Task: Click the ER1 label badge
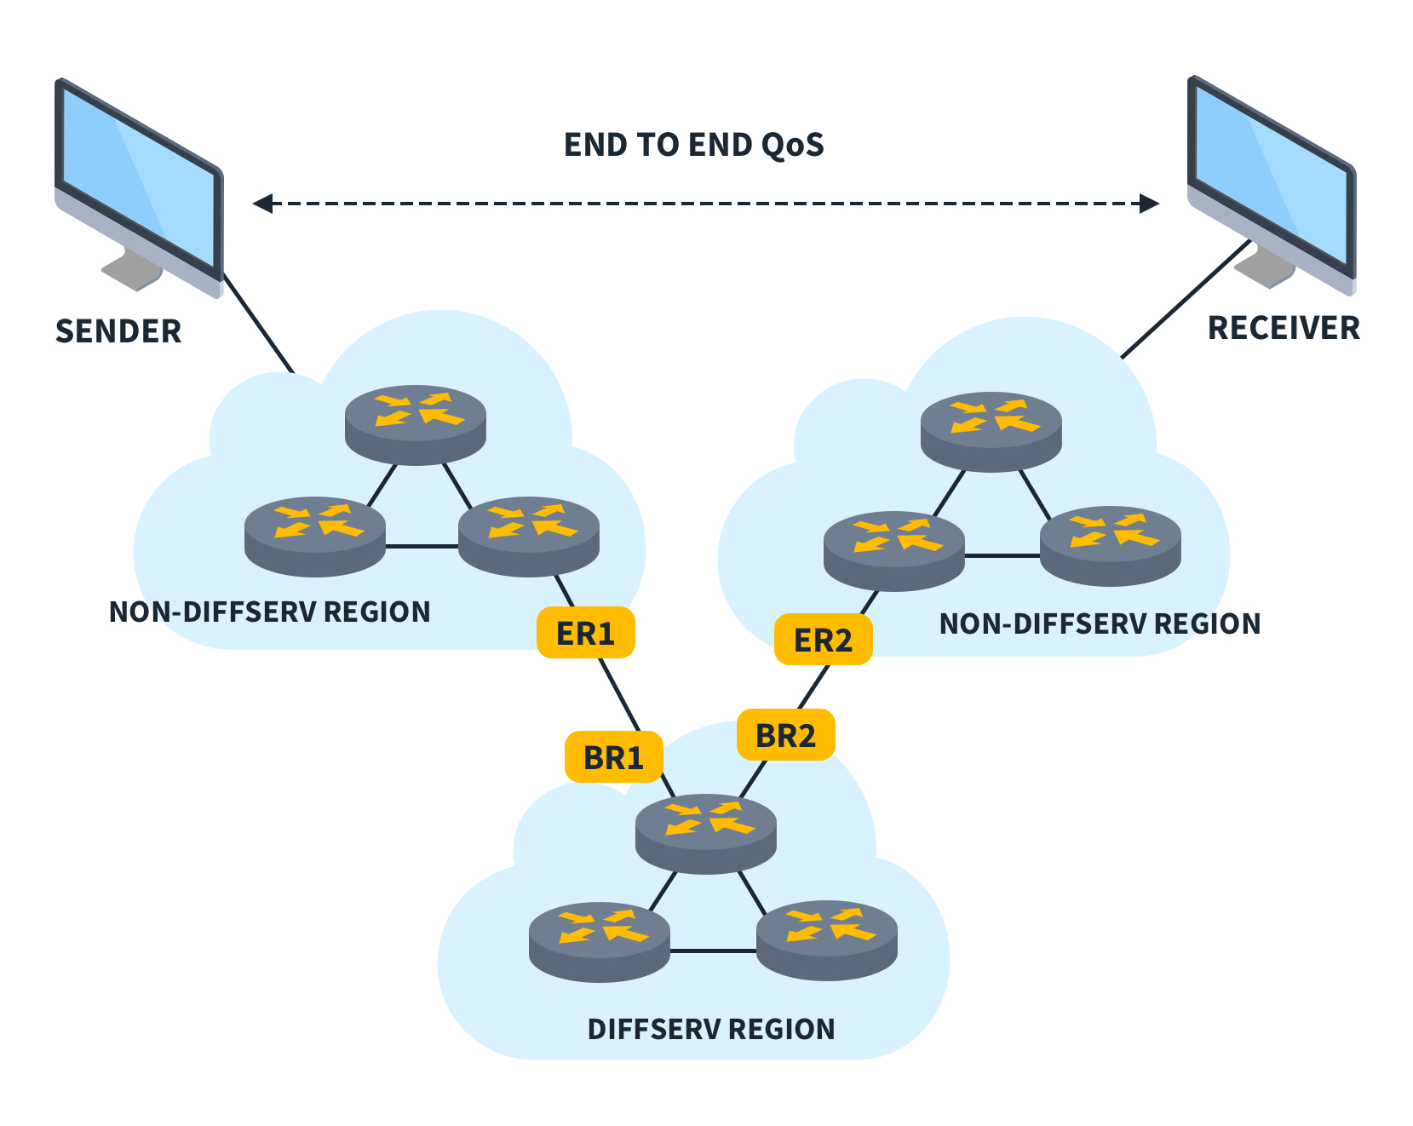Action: click(585, 633)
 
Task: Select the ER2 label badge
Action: click(823, 640)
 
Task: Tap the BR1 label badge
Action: click(613, 756)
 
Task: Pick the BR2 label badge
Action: click(785, 734)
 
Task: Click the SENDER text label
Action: click(118, 331)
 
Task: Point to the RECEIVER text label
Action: click(1284, 328)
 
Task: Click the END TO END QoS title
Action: click(694, 145)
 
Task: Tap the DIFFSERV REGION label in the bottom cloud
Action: click(711, 1029)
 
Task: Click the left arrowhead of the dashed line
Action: click(262, 204)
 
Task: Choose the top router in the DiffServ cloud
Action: click(706, 832)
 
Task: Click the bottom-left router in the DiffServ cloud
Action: click(599, 940)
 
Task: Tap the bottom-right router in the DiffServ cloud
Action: click(826, 939)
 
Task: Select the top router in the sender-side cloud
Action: click(415, 423)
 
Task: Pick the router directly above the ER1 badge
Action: click(529, 535)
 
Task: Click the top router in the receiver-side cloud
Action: click(991, 430)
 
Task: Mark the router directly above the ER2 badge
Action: click(894, 549)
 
